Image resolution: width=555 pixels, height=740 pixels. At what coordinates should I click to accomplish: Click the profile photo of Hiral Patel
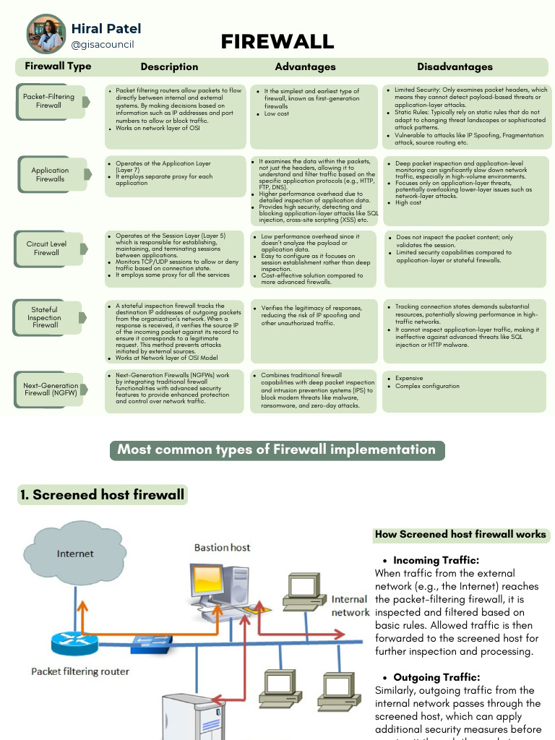(46, 33)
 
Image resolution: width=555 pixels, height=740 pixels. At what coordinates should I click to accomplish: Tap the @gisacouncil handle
(102, 45)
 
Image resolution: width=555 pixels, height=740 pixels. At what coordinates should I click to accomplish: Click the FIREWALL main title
(277, 42)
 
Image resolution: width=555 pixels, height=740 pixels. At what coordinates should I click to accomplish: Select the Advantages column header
(305, 66)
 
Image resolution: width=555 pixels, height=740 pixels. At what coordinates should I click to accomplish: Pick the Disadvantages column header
(455, 66)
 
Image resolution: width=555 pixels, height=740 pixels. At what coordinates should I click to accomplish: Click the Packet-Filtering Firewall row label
(48, 100)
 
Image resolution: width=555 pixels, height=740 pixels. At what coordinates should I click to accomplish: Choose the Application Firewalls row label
(50, 175)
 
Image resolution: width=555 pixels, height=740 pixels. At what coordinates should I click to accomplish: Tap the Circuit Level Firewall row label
(46, 248)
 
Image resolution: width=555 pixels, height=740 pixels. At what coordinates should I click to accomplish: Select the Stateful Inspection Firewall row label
(45, 317)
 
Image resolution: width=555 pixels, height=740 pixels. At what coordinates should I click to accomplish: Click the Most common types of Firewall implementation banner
(277, 449)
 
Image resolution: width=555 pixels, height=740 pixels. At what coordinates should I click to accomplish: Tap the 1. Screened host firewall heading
(102, 495)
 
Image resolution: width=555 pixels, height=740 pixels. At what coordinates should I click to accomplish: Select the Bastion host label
(222, 547)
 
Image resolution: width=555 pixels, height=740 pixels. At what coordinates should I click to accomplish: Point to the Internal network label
(350, 606)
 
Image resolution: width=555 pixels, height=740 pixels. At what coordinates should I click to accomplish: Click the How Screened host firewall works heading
(460, 535)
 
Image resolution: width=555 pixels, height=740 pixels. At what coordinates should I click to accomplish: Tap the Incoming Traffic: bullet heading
(436, 560)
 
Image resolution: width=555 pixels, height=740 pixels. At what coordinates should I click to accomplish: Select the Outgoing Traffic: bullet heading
(436, 677)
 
